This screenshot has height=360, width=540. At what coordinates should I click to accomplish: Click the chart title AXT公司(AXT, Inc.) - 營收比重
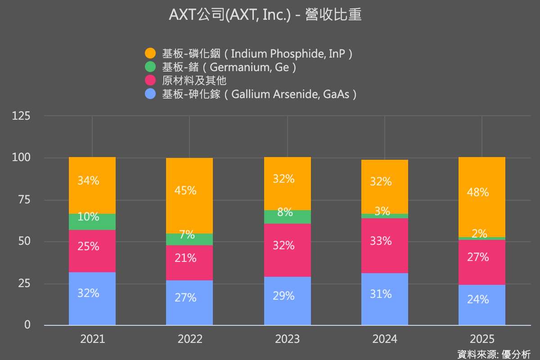pos(265,15)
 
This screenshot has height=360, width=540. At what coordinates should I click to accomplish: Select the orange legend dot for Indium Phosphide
pos(150,54)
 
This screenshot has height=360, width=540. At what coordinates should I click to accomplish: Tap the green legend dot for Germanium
pos(150,67)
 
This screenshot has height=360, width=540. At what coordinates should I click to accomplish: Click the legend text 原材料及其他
pos(194,81)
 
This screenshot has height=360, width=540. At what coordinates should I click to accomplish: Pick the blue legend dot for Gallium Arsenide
pos(150,94)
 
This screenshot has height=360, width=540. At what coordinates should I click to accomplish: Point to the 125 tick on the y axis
pos(21,116)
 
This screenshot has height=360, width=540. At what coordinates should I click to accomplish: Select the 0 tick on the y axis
pos(27,324)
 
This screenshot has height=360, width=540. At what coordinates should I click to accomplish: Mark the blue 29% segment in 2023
pos(287,301)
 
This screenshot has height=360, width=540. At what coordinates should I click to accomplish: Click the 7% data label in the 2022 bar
pos(187,234)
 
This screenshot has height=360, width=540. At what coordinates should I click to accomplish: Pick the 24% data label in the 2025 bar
pos(478,299)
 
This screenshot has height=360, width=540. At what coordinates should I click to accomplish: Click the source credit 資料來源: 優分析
pos(494,354)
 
